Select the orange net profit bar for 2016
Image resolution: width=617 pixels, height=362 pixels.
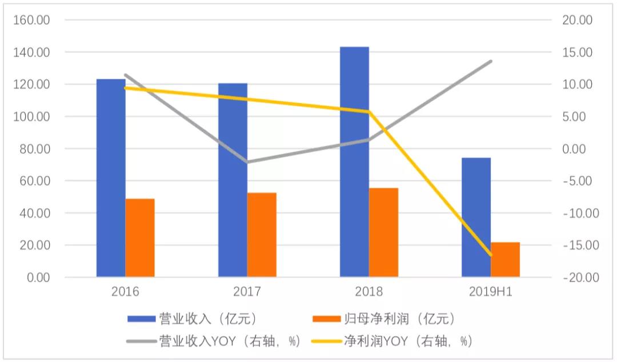pos(140,238)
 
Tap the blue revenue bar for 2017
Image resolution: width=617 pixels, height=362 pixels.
pos(233,180)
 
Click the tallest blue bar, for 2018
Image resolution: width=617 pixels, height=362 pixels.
pos(354,162)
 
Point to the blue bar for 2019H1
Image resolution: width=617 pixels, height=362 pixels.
pos(476,218)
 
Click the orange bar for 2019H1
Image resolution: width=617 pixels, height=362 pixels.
pos(506,260)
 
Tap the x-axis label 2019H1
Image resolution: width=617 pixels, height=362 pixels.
pos(491,292)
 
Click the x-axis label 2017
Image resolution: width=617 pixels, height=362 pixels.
pos(247,292)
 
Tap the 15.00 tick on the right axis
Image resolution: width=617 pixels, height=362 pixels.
pos(579,53)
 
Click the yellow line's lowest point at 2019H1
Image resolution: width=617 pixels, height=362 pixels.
pos(491,255)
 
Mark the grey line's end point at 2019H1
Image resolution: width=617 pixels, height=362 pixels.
pos(491,61)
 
